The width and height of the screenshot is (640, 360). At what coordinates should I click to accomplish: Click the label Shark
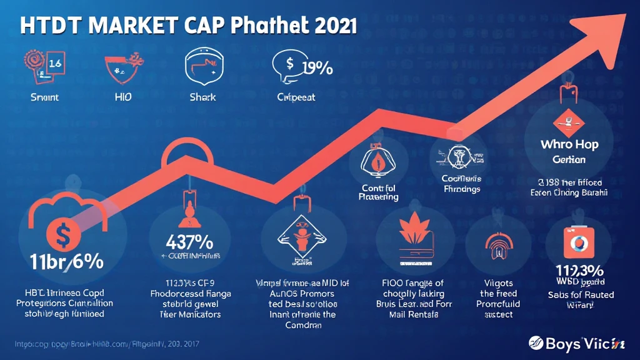click(202, 97)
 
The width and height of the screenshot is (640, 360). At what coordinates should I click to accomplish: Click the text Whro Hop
click(569, 144)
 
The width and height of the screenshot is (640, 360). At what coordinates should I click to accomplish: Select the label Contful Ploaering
click(379, 192)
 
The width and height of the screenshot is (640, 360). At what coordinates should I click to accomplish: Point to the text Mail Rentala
click(414, 314)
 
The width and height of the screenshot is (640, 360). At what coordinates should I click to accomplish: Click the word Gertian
click(569, 159)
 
